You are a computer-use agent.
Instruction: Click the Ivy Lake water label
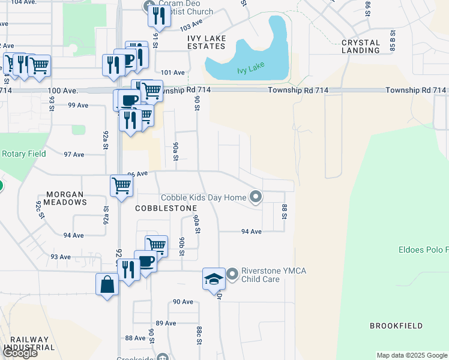point(251,70)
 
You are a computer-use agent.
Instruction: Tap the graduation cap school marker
point(213,279)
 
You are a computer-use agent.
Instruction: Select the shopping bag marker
point(107,284)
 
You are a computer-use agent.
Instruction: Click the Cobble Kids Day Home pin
point(256,197)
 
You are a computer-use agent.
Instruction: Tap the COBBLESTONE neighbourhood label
point(166,208)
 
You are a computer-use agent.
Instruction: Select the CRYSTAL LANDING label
point(361,46)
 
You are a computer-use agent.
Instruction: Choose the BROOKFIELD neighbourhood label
point(396,326)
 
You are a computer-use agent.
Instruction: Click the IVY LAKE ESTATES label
point(206,42)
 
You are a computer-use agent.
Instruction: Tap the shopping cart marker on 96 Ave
point(121,186)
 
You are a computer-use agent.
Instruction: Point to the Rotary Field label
point(24,154)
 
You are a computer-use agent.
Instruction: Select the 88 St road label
point(285,212)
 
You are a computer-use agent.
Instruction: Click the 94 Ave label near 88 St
point(252,231)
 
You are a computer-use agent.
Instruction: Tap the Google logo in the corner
point(20,353)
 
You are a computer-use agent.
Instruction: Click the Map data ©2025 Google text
point(411,355)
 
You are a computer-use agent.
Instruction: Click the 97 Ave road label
point(74,154)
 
